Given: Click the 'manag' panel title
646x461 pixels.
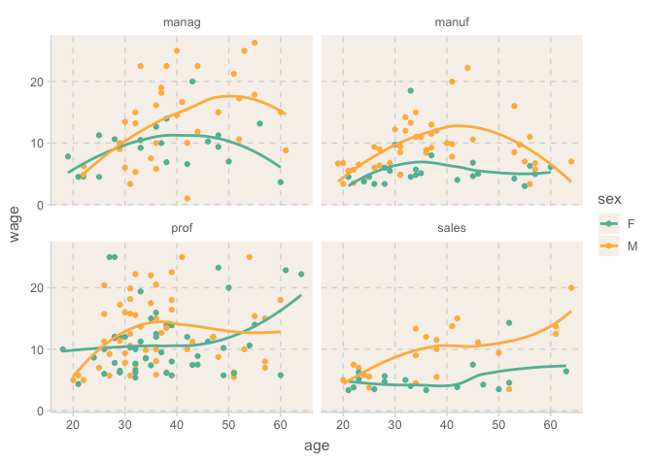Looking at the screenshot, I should (x=184, y=22).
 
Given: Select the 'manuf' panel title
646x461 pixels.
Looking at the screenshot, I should (x=451, y=22).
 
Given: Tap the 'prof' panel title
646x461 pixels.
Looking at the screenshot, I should (x=184, y=229).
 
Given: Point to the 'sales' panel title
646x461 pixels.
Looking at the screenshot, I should (x=451, y=229).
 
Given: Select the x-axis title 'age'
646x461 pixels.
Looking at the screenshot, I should (x=317, y=445).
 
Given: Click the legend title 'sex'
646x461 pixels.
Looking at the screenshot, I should (x=609, y=199).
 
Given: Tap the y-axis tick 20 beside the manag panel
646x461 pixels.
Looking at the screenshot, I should (x=36, y=82).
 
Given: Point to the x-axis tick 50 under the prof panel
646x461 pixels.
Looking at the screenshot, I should (x=228, y=424).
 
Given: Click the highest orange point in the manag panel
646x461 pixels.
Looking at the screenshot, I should (x=255, y=43).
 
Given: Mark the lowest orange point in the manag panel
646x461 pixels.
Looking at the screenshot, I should (x=187, y=199).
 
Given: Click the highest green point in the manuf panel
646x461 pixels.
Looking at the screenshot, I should (x=411, y=91).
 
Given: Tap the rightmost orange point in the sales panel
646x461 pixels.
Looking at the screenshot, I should (x=571, y=287).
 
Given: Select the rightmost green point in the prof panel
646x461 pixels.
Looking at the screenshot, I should (x=301, y=274).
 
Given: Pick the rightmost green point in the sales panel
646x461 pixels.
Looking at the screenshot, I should (x=566, y=372).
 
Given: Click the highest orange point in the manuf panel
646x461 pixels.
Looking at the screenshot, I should (x=467, y=68).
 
